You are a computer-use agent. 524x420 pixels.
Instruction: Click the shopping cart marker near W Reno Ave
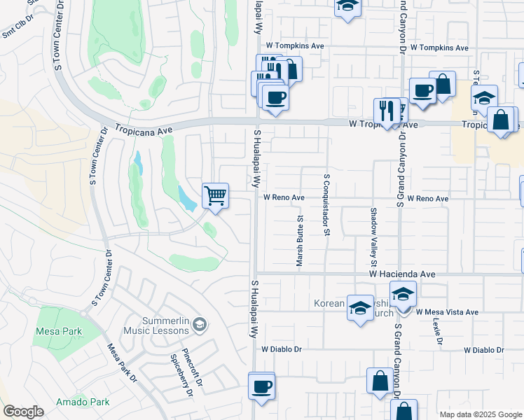pos(215,195)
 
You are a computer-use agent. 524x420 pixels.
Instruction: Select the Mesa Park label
pos(60,332)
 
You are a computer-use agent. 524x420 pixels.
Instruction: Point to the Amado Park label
pos(84,402)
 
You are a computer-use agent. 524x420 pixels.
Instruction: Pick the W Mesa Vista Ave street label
pos(447,312)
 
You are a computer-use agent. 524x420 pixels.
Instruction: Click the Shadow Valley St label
pos(374,237)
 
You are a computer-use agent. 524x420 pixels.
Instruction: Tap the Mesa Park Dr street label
pos(121,363)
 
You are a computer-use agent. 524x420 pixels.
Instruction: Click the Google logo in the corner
pos(23,412)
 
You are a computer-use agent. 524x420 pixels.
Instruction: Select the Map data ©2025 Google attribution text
pos(480,414)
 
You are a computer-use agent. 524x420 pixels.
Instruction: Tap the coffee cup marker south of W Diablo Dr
pos(262,386)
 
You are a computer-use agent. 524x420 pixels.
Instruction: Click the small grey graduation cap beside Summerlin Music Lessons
pos(200,323)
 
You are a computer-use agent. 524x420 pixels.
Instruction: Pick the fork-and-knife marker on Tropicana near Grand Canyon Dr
pos(387,110)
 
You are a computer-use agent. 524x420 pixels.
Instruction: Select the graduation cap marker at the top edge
pos(345,7)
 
